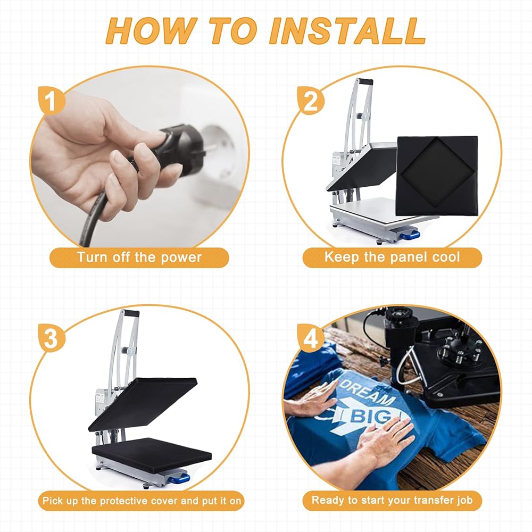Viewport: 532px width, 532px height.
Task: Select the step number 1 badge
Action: [51, 100]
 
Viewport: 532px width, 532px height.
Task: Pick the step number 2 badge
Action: [311, 101]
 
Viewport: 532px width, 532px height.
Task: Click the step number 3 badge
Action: [51, 338]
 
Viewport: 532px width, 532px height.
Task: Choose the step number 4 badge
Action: [311, 338]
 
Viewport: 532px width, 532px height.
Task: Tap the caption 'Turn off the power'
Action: [139, 257]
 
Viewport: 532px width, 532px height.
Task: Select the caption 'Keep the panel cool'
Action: [392, 257]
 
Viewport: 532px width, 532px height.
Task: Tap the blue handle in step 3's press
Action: [179, 478]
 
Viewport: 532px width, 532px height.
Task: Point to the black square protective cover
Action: [437, 176]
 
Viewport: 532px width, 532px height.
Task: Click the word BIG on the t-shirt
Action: [370, 416]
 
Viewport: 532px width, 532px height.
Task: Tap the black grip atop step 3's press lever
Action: [131, 313]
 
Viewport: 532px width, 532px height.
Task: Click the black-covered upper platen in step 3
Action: [143, 403]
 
